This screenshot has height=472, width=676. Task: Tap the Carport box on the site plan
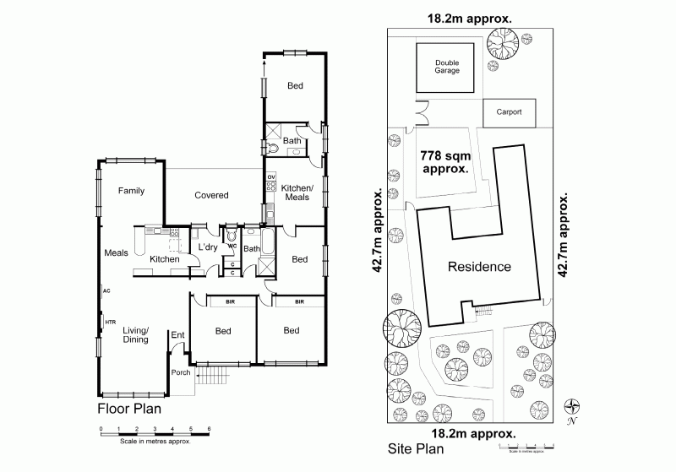(509, 111)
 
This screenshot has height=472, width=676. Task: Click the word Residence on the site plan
(479, 267)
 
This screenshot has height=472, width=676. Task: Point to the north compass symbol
(573, 406)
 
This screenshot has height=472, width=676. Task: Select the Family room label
(131, 191)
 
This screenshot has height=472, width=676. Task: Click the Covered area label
(211, 195)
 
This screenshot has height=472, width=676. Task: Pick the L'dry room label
(208, 247)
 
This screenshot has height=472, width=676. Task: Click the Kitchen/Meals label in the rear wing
(297, 192)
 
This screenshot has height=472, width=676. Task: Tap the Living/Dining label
(135, 334)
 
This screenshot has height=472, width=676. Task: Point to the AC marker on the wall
(106, 290)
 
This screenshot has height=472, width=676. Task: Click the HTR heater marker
(110, 321)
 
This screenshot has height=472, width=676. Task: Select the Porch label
(180, 372)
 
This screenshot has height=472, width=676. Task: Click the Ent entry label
(178, 335)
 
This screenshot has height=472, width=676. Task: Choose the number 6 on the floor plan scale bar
(209, 429)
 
